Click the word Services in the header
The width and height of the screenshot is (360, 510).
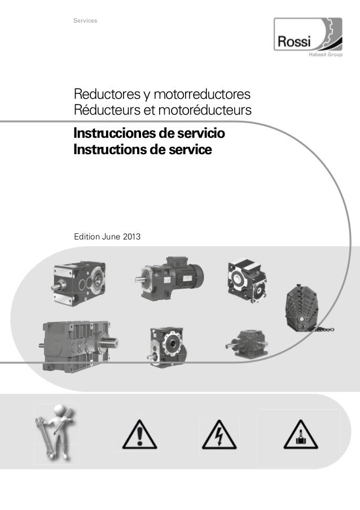(85, 20)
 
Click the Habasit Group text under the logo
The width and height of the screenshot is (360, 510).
(325, 54)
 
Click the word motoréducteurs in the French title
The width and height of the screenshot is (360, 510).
(205, 110)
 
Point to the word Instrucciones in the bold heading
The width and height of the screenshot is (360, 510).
(114, 133)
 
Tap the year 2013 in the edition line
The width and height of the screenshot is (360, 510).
(131, 237)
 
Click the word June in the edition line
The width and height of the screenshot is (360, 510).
(111, 237)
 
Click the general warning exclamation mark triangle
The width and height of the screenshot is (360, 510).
(140, 435)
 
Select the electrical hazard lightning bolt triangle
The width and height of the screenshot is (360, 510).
(219, 435)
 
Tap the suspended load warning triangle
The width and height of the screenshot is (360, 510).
(301, 434)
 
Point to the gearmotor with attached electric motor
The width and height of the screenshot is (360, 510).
(169, 278)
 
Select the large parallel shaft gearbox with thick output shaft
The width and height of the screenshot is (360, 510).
(80, 346)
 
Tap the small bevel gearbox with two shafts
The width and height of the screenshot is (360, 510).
(247, 344)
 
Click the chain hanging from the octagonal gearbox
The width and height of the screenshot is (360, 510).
(323, 329)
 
